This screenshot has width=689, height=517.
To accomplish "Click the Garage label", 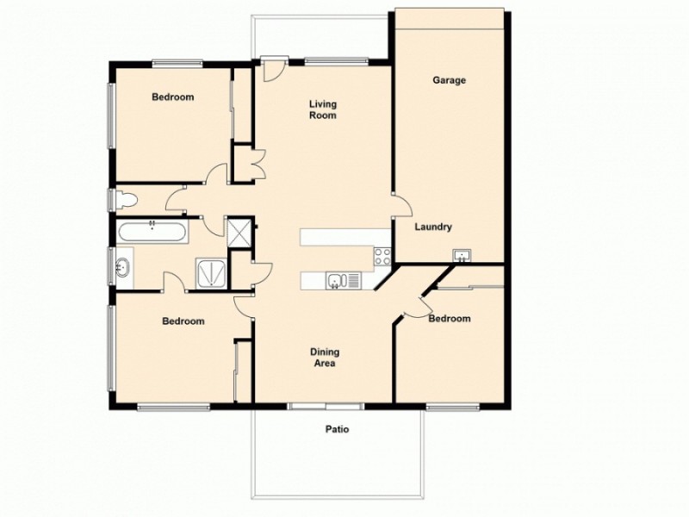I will point(449,80).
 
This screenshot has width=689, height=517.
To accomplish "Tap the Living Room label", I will point(323,109).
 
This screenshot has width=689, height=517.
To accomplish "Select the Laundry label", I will point(433,227).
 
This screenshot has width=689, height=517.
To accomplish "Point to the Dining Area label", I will point(324,358).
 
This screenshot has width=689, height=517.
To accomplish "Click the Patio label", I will point(337,428).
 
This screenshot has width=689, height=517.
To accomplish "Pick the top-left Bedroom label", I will point(172,97).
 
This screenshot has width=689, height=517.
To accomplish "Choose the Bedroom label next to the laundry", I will point(450,319).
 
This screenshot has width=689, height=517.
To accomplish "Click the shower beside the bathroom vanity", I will point(210,273).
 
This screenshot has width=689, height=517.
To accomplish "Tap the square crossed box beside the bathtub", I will point(237,230).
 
